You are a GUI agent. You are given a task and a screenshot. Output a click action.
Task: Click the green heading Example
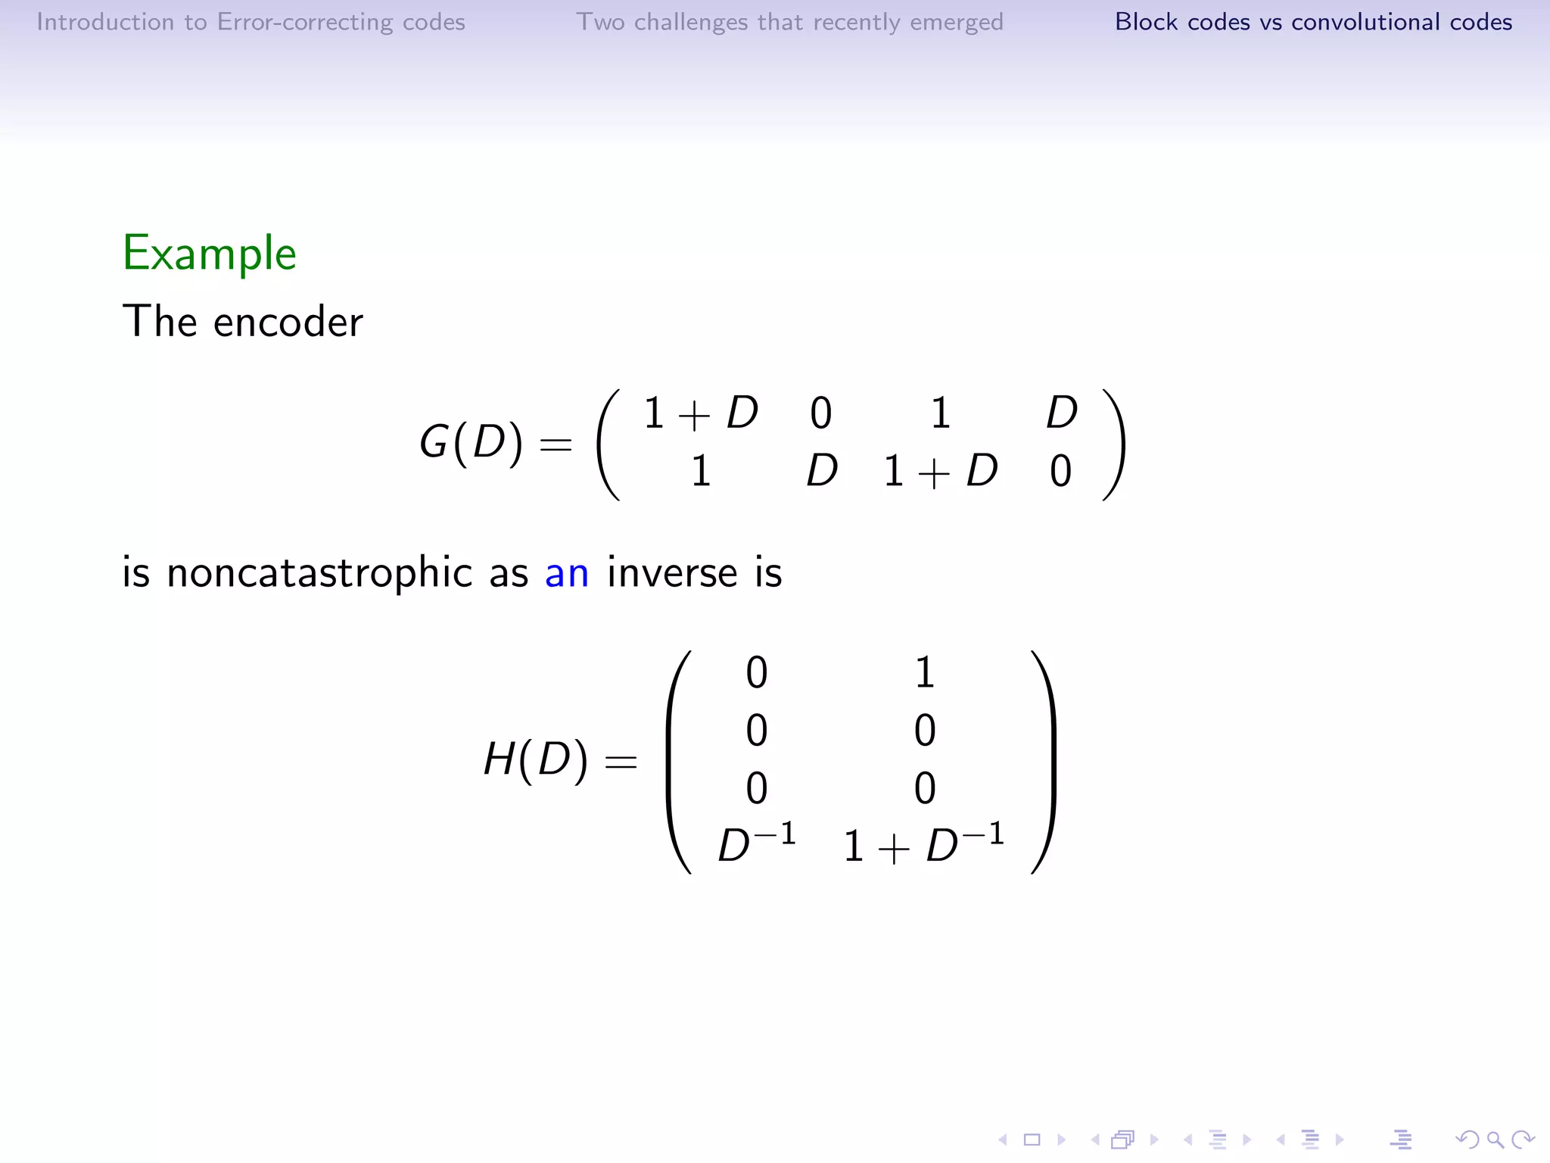(209, 253)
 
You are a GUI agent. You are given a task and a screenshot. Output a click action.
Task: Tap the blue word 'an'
(566, 573)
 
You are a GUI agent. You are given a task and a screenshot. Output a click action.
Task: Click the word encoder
(288, 323)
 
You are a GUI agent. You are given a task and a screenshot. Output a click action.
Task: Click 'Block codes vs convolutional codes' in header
(1313, 22)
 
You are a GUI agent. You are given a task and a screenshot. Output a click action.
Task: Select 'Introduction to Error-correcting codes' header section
(251, 22)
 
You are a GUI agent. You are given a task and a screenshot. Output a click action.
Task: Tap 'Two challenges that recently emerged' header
(789, 22)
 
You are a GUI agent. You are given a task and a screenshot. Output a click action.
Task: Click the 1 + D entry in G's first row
(700, 413)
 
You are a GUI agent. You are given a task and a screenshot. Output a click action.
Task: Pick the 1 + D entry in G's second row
(940, 471)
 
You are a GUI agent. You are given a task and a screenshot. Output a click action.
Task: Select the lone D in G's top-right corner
(1061, 413)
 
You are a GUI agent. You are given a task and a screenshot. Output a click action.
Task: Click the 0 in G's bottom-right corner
(1060, 471)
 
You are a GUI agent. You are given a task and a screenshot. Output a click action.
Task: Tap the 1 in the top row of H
(924, 672)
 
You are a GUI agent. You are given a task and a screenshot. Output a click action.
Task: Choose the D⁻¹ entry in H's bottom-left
(756, 843)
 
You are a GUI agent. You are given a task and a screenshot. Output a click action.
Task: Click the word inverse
(672, 573)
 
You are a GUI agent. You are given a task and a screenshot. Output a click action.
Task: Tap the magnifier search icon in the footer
(1495, 1140)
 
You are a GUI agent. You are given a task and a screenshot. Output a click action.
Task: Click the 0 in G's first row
(820, 413)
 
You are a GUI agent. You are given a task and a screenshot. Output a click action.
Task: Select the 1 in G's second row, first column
(701, 471)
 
